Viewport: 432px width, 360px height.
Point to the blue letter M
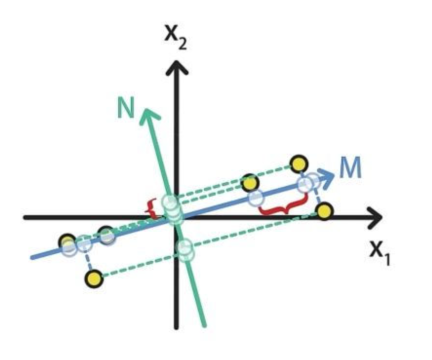point(350,169)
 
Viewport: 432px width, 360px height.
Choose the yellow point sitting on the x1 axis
point(324,211)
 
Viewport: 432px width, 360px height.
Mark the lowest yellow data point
point(94,279)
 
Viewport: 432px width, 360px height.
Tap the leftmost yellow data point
point(67,241)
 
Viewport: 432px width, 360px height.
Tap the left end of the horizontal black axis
point(25,217)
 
